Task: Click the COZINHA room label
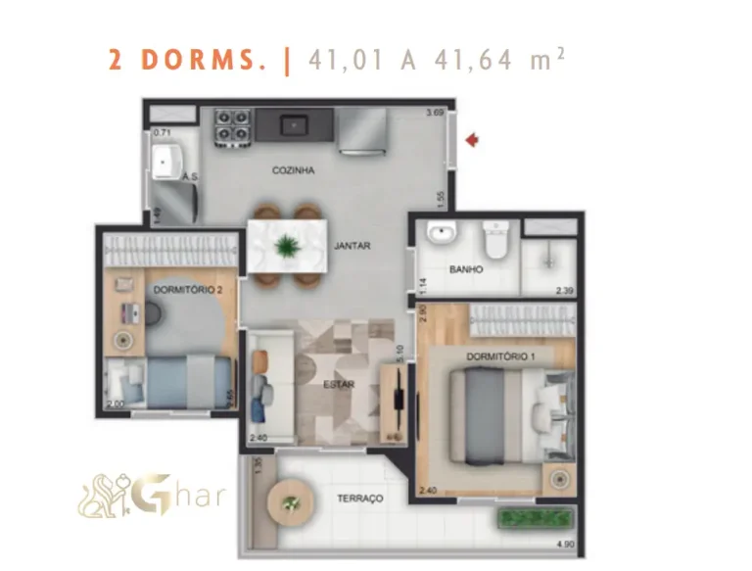tap(293, 170)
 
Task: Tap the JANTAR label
tap(352, 246)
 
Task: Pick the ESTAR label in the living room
tap(338, 384)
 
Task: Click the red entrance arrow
tap(472, 141)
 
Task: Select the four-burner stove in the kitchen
tap(232, 124)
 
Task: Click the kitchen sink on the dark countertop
tap(292, 124)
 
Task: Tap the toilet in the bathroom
tap(496, 239)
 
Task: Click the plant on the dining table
tap(287, 246)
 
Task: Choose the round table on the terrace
tap(289, 503)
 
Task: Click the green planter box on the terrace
tap(532, 518)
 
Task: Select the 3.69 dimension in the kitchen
tap(434, 115)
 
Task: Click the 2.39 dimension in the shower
tap(564, 290)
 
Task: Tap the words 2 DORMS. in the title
tap(187, 60)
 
